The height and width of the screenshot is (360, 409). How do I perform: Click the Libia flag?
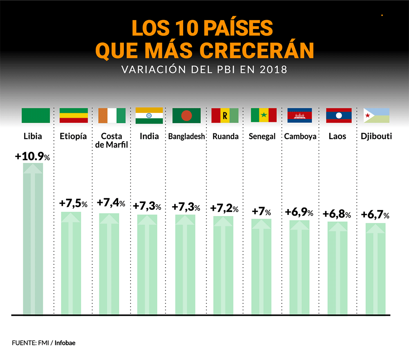click(x=36, y=116)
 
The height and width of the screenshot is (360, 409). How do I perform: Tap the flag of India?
click(x=149, y=116)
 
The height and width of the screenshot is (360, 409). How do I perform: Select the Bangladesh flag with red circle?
click(x=187, y=116)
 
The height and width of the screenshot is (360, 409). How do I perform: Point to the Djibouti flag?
click(x=376, y=116)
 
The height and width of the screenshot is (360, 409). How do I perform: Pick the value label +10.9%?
click(x=32, y=157)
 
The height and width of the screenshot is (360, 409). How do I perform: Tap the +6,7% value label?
click(x=375, y=215)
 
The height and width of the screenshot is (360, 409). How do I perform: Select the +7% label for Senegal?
click(x=261, y=211)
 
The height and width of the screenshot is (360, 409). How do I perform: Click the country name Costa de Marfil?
click(x=111, y=141)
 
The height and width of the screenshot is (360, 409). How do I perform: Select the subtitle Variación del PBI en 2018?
click(x=204, y=70)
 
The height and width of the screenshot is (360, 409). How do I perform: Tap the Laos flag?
click(x=339, y=116)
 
